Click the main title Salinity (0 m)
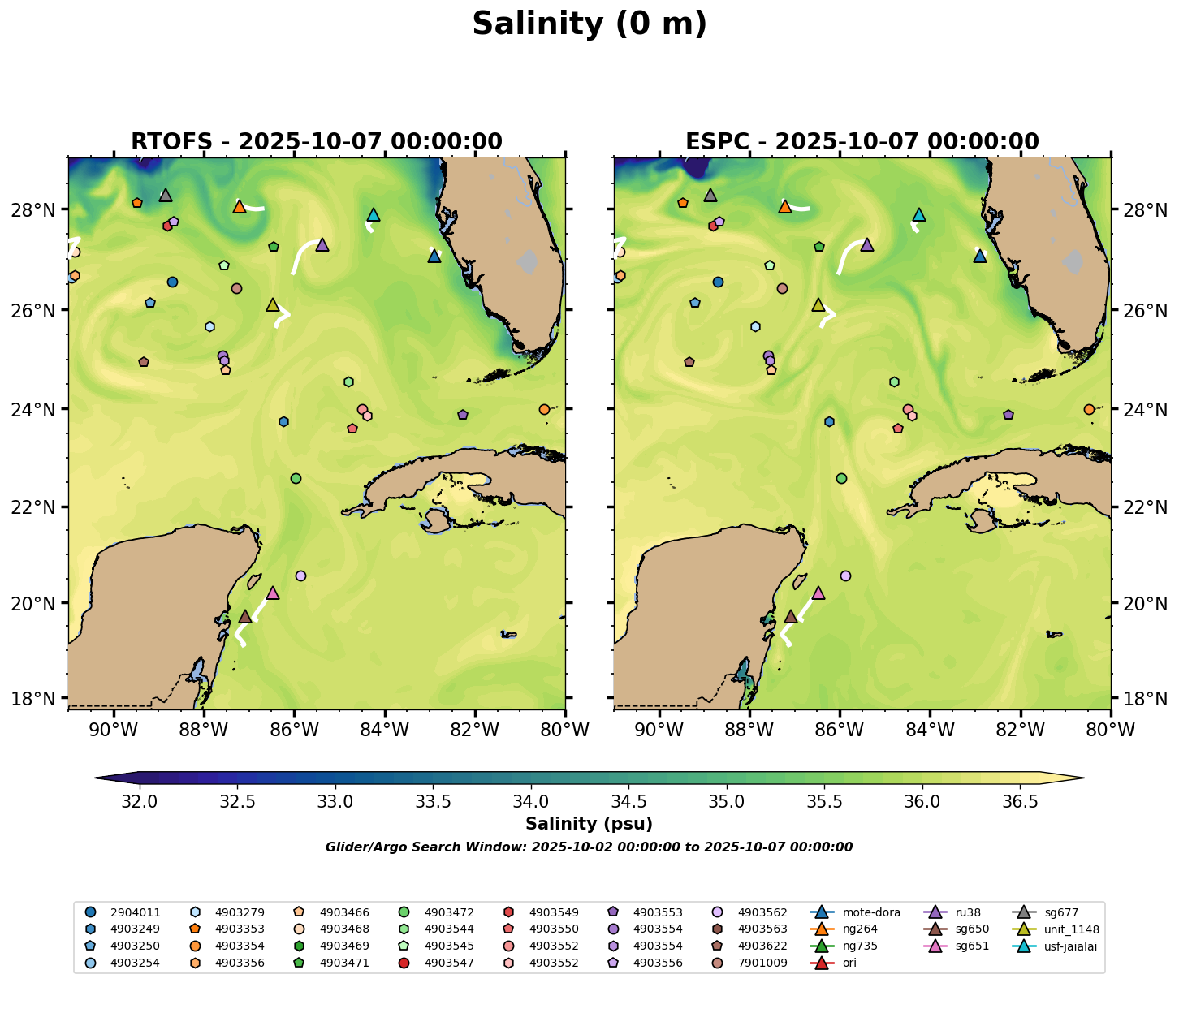(x=589, y=24)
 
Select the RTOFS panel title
(x=317, y=141)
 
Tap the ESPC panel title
(x=862, y=141)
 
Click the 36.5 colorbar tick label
(x=1020, y=802)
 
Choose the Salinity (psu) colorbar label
(x=589, y=824)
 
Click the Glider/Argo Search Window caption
(x=589, y=847)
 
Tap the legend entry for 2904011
(x=123, y=912)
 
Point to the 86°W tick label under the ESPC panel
(x=840, y=730)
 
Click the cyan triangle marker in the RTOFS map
(x=374, y=215)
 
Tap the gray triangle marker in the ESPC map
(x=710, y=196)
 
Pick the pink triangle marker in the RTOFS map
(x=273, y=593)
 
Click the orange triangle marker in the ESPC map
(x=785, y=207)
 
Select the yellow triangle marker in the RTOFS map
(x=273, y=305)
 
